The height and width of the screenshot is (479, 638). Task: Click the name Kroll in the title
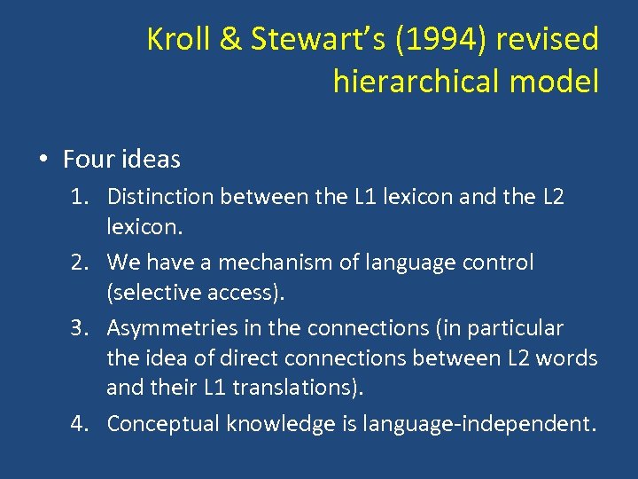point(175,39)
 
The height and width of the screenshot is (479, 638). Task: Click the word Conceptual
point(163,424)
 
